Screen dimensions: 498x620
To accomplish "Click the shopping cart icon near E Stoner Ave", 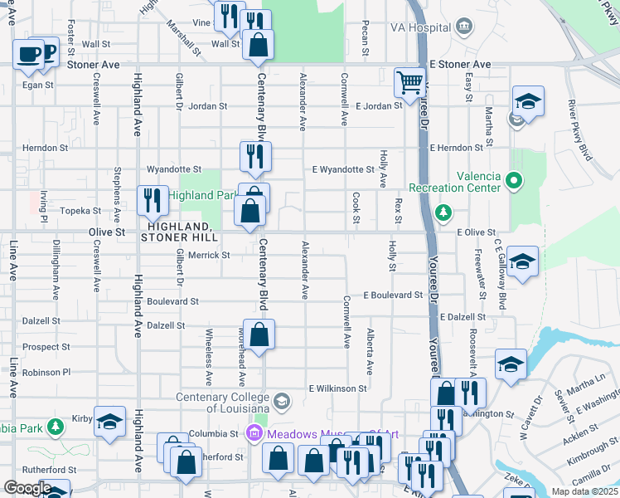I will [409, 82].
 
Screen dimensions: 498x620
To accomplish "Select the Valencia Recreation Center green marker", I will [514, 179].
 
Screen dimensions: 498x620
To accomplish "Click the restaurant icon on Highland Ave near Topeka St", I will [153, 200].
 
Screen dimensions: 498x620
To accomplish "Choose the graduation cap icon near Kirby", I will [109, 421].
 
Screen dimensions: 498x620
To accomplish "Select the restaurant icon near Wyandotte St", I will [255, 155].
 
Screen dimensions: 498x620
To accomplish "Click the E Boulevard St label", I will [393, 295].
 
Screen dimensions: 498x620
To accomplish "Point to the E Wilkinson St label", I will [337, 388].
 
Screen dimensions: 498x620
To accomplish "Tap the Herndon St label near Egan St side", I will [46, 148].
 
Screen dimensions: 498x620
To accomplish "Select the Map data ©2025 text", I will [584, 491].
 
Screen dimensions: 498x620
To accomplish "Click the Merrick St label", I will [208, 256].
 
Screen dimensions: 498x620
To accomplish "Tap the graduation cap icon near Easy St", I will [528, 101].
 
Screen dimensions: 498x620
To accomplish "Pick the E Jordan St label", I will [379, 105].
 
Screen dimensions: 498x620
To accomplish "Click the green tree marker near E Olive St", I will [444, 213].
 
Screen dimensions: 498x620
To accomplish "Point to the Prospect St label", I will [46, 347].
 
